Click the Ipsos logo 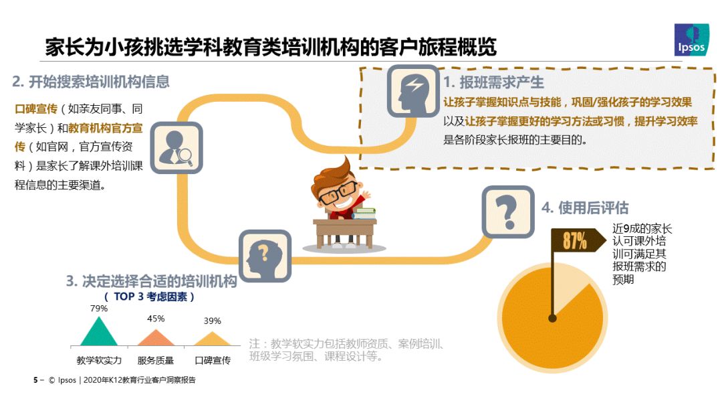(691, 39)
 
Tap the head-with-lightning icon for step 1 (413, 91)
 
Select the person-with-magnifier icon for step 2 (176, 148)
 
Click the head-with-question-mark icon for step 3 (265, 256)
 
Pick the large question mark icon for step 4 (508, 212)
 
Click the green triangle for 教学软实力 (98, 331)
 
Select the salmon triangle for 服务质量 (156, 338)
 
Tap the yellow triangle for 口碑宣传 (212, 339)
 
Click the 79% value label (99, 309)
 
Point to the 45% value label (156, 319)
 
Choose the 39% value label (213, 321)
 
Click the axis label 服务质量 (156, 360)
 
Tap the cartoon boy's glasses (338, 193)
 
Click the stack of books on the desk (364, 214)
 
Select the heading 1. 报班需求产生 (493, 82)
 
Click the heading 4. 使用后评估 (585, 208)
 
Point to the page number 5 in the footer (35, 380)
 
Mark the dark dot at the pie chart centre (553, 318)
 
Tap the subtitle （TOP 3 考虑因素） (150, 297)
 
